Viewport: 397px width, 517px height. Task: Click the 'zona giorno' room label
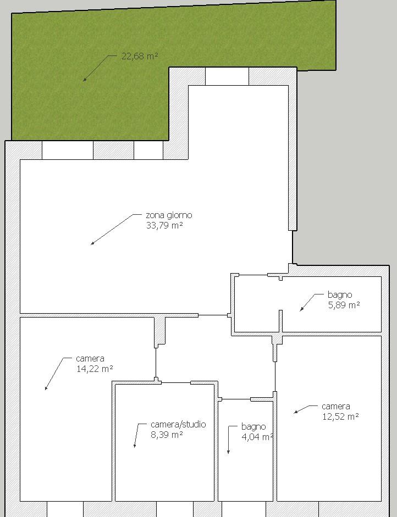coord(169,215)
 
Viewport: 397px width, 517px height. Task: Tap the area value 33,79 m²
coord(164,225)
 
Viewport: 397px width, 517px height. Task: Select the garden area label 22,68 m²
coord(140,56)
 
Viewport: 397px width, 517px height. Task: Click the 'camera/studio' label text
coord(178,424)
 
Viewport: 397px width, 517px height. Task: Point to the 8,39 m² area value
coord(167,435)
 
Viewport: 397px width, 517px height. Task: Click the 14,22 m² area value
coord(95,369)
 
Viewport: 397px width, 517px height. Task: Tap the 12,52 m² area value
coord(340,416)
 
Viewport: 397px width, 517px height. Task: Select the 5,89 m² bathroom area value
coord(344,305)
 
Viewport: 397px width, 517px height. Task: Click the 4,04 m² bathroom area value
coord(257,437)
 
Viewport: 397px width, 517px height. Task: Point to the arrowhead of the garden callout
coord(85,80)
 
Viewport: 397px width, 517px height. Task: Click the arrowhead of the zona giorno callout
coord(92,243)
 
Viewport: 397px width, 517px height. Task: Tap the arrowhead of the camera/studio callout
coord(135,446)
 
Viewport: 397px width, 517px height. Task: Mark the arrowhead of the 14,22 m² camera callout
coord(46,388)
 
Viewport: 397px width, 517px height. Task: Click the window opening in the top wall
coord(227,76)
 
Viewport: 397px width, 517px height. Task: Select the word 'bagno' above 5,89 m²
coord(340,295)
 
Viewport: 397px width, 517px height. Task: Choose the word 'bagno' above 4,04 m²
coord(253,427)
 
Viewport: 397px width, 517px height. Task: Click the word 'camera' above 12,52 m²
coord(335,406)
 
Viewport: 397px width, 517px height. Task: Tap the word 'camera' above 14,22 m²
coord(90,358)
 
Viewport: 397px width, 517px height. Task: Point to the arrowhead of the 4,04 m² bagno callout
coord(228,452)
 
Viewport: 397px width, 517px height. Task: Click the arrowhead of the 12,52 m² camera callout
coord(296,412)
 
